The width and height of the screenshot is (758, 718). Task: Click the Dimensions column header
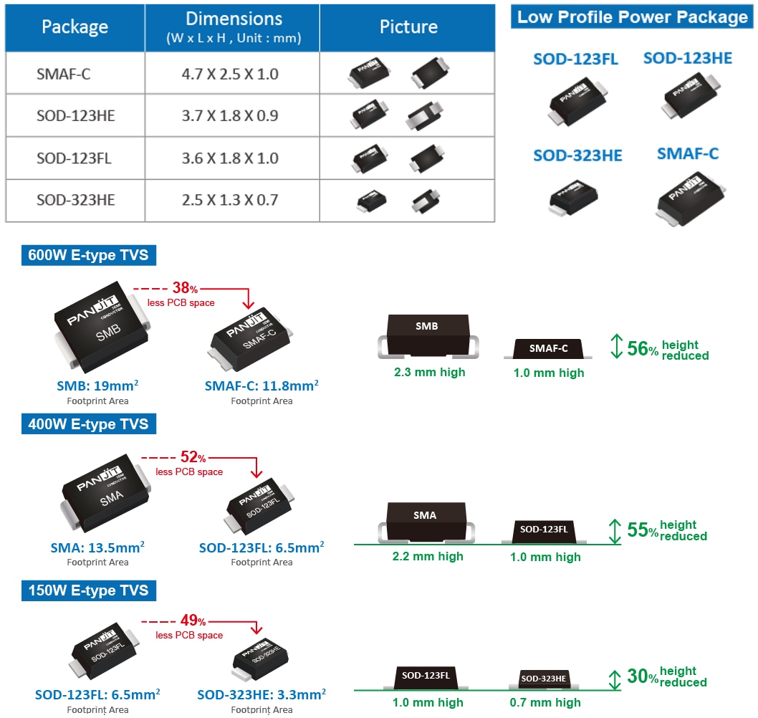(x=234, y=27)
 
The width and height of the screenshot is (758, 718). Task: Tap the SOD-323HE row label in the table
(x=75, y=200)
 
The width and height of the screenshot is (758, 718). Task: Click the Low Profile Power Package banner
(x=633, y=17)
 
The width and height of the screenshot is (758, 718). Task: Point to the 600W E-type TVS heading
(x=89, y=255)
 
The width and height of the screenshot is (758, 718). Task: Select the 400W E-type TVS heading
(x=89, y=424)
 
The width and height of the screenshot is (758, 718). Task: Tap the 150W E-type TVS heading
(x=89, y=590)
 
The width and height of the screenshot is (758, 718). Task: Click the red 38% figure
(x=185, y=289)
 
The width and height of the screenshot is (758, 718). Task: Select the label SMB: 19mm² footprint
(x=97, y=386)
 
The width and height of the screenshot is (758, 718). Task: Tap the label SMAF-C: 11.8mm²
(x=262, y=386)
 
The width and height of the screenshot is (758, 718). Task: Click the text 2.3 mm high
(x=430, y=373)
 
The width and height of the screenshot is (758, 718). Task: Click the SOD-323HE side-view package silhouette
(x=544, y=678)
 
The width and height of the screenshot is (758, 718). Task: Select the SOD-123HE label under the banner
(x=688, y=59)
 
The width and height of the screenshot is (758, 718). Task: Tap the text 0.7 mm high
(x=545, y=703)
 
